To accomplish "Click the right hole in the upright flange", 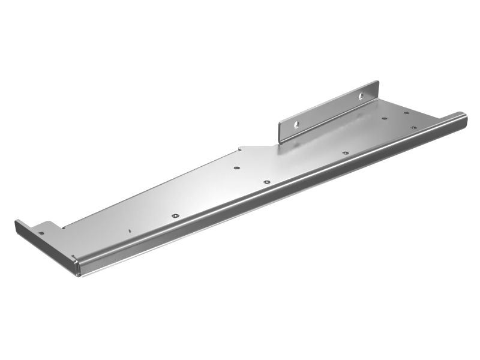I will click(x=362, y=95).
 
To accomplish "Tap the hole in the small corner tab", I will click(x=41, y=233).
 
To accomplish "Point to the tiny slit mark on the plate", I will click(x=129, y=229).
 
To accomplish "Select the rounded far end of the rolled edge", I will click(x=462, y=118).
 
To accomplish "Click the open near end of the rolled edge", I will click(x=78, y=266).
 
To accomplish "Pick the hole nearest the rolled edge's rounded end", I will click(x=413, y=127).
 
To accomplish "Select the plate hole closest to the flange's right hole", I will click(x=384, y=118).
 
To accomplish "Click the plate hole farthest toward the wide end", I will click(x=406, y=112).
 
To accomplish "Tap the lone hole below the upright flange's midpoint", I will click(x=345, y=153).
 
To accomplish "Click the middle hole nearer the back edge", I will click(x=237, y=169).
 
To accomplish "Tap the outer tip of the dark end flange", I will click(x=17, y=223).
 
